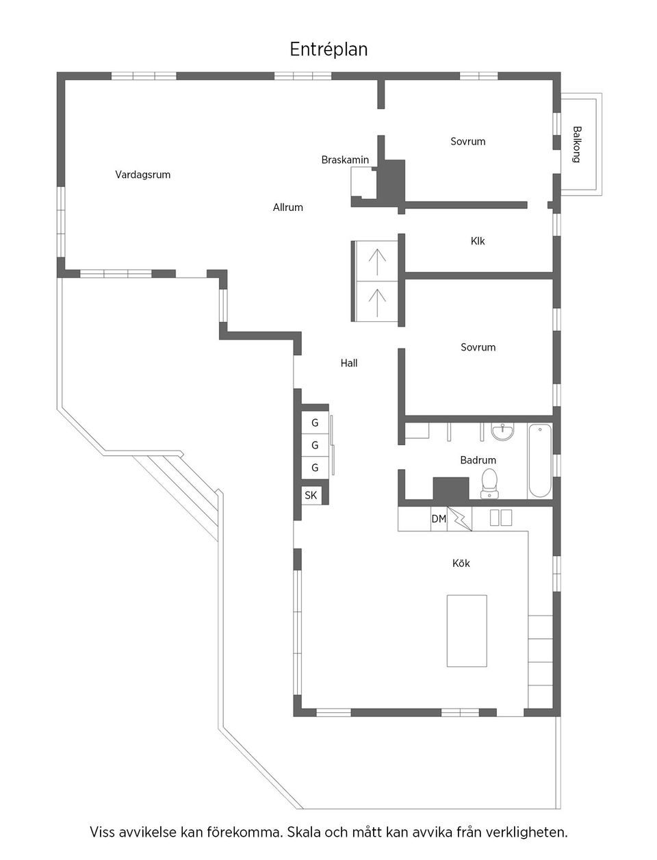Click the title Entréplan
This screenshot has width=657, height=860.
point(328,50)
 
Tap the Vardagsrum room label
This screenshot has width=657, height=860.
point(142,175)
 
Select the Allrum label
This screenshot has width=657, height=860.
point(287,207)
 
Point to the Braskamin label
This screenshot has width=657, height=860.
point(345,160)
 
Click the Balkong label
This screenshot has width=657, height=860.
point(577,144)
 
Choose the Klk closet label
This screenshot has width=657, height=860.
point(478,241)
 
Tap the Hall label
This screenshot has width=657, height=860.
point(349,363)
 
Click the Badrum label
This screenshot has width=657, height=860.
point(478,460)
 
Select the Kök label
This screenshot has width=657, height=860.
point(461,564)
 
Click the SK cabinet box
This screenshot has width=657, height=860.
point(311,495)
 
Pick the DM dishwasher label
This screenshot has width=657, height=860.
point(439,519)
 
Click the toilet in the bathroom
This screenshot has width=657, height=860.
point(489,481)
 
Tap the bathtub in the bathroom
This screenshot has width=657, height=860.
point(539,461)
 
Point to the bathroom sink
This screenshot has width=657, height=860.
point(503,432)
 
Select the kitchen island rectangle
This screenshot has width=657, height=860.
point(467,631)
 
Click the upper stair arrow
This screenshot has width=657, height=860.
point(377,260)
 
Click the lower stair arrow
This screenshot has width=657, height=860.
point(377,301)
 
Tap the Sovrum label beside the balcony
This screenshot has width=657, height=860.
point(467,142)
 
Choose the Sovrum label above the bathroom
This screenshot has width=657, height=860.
point(478,347)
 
